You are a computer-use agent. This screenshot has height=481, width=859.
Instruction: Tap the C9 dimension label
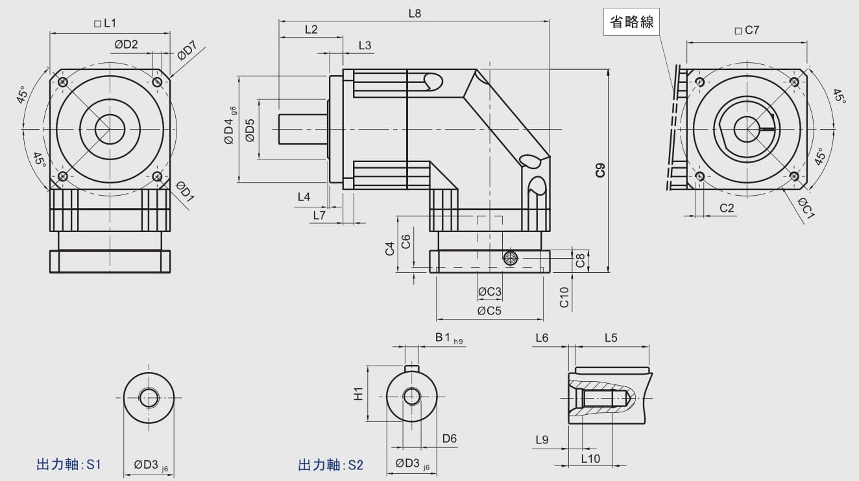[600, 170]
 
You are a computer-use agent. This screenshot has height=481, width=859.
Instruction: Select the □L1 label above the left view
[105, 24]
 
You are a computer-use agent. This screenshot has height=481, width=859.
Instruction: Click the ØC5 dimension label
[489, 311]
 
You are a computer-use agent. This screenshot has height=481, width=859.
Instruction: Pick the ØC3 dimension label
[489, 292]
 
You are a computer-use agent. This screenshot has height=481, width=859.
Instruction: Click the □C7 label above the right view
[746, 30]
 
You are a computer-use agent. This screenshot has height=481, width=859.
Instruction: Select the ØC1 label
[806, 208]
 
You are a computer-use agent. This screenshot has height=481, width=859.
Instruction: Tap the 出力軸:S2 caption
[331, 465]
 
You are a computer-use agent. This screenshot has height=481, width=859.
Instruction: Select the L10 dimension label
[590, 458]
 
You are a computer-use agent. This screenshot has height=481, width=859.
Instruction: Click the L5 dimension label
[611, 338]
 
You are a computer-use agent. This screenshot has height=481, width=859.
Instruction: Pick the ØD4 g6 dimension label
[230, 129]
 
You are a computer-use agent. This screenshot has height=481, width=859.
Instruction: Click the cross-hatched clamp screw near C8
[511, 258]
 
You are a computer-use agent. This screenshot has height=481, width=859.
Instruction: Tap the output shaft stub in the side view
[302, 129]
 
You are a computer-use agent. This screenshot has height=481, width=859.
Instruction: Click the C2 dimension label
[727, 208]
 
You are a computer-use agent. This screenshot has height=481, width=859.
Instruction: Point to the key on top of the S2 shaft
[411, 370]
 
